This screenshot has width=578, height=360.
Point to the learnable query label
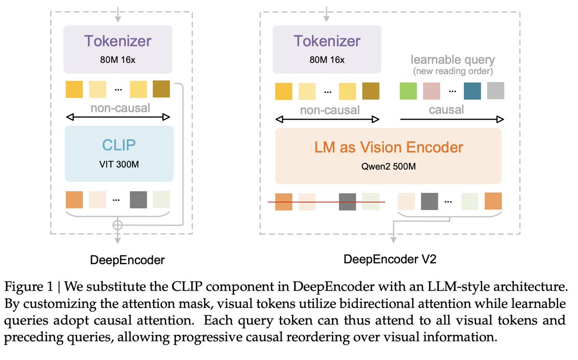[453, 60]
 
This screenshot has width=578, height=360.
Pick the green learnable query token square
[409, 91]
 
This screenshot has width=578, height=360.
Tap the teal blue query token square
[472, 91]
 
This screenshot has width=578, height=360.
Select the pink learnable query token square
[432, 91]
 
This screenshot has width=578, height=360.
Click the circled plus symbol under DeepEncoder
[117, 224]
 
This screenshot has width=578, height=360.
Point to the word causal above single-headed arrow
[446, 109]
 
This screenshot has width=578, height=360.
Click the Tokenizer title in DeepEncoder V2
[327, 41]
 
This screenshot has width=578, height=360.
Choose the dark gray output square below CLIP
[138, 200]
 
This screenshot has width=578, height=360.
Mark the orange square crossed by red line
[284, 201]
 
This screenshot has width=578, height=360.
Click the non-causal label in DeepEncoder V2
[329, 110]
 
